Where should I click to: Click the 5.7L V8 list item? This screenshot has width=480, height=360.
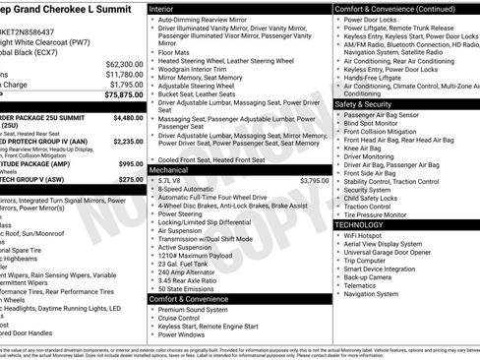169,181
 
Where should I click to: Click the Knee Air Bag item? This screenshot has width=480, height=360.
366,148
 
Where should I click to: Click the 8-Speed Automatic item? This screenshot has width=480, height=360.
185,191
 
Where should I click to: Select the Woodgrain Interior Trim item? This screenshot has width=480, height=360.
193,69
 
